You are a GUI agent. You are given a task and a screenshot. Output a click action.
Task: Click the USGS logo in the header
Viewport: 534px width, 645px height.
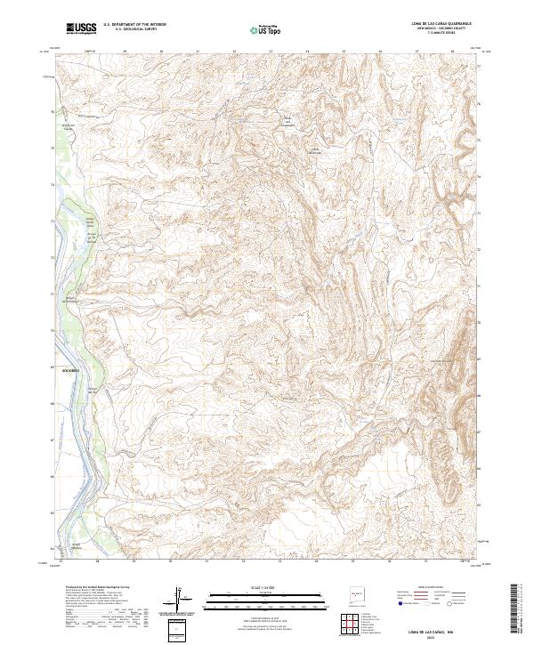pyautogui.click(x=81, y=28)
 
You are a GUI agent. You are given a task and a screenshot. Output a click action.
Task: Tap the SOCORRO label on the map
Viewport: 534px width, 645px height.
pyautogui.click(x=70, y=368)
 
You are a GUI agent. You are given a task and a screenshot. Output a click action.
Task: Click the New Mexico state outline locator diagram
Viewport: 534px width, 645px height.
pyautogui.click(x=360, y=593)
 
